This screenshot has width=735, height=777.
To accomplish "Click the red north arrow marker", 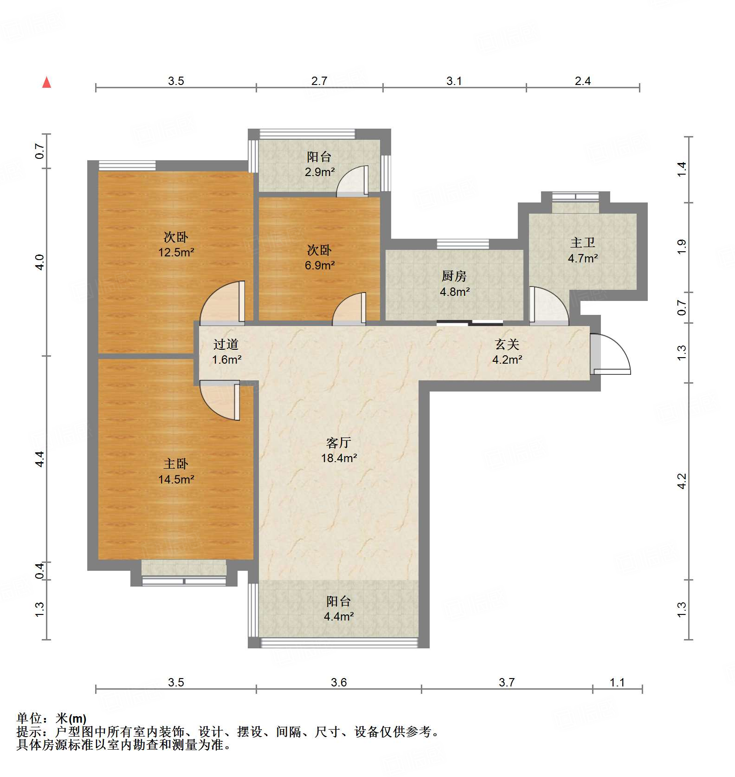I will pyautogui.click(x=47, y=82).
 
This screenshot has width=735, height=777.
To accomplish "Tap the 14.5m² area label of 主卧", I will pyautogui.click(x=176, y=479).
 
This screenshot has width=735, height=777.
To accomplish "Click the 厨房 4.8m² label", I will pyautogui.click(x=454, y=284).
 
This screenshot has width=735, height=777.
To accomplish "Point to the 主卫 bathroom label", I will pyautogui.click(x=583, y=250).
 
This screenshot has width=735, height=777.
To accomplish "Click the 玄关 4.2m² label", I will pyautogui.click(x=507, y=352).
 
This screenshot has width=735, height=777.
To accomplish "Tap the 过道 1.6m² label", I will pyautogui.click(x=226, y=352).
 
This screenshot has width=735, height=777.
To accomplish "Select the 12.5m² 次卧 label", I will pyautogui.click(x=176, y=245).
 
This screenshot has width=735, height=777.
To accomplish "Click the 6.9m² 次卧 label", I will pyautogui.click(x=319, y=258).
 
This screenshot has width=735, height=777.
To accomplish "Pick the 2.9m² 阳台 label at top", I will pyautogui.click(x=319, y=164).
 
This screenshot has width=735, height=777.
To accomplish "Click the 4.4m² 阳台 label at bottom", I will pyautogui.click(x=339, y=609).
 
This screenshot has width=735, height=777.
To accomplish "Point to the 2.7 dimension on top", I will pyautogui.click(x=319, y=81).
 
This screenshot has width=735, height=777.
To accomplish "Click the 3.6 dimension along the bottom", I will pyautogui.click(x=339, y=682).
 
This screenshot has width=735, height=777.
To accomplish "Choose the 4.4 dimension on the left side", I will pyautogui.click(x=40, y=459).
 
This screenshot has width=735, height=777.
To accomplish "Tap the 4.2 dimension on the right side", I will pyautogui.click(x=681, y=481).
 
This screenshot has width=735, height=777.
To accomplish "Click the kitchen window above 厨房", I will pyautogui.click(x=463, y=243).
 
